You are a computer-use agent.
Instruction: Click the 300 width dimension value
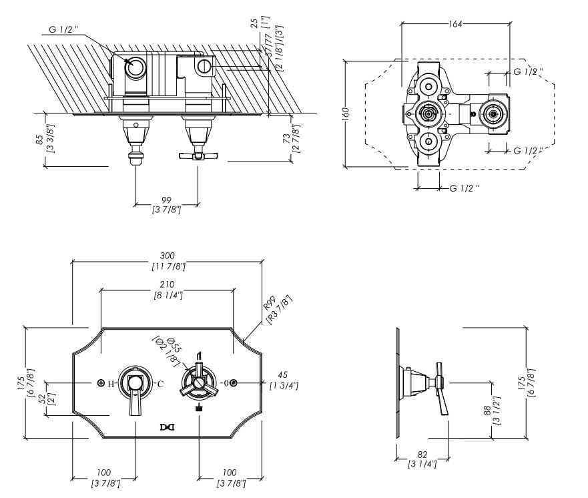[168, 256]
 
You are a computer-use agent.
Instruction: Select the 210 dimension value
[168, 283]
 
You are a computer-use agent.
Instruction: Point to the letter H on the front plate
[111, 384]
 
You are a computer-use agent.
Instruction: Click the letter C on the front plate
[160, 384]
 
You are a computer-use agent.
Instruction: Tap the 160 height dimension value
[345, 114]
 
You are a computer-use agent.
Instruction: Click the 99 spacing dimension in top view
[167, 200]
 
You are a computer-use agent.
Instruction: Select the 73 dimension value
[286, 138]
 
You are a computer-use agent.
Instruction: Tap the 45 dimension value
[283, 375]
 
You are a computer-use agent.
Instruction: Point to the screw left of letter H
[100, 383]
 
